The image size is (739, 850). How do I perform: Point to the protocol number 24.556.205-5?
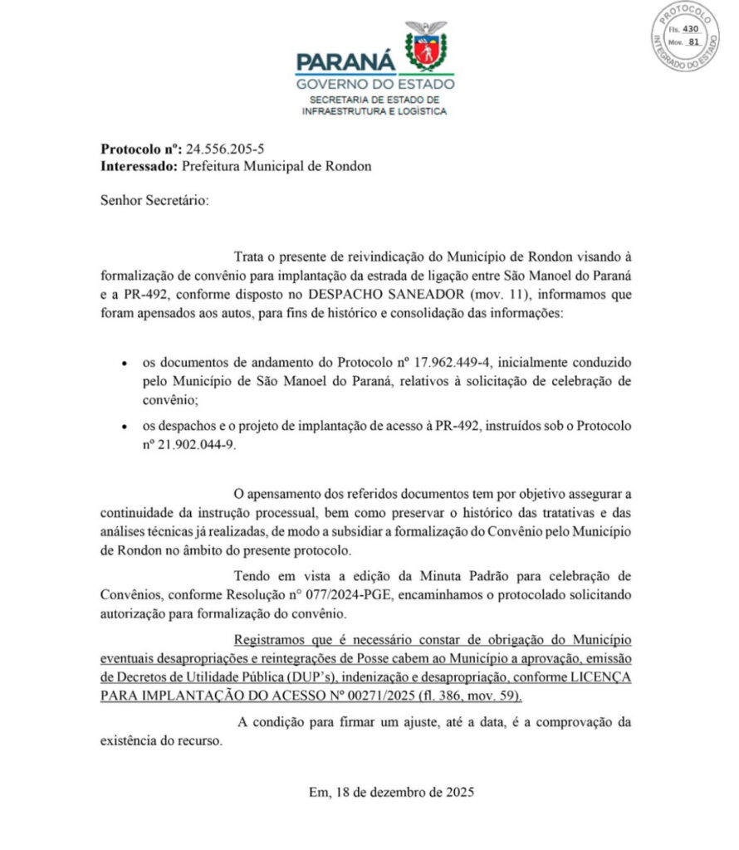pos(227,149)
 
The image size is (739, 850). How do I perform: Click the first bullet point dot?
pos(124,364)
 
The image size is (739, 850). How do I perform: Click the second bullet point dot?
pos(124,427)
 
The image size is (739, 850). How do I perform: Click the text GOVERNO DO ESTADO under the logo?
pos(375,84)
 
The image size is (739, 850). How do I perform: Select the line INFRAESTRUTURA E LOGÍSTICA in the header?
pos(375,110)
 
